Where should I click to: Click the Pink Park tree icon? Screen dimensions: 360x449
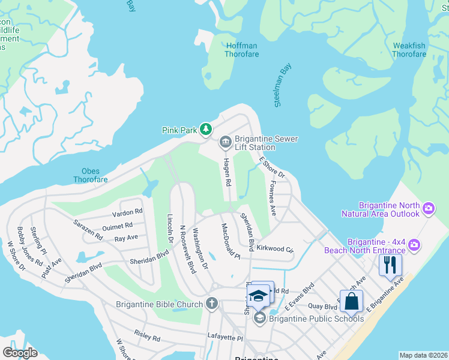[x=206, y=129]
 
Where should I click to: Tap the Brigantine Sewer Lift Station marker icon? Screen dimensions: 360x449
[x=225, y=142]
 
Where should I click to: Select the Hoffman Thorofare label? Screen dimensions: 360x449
[x=241, y=50]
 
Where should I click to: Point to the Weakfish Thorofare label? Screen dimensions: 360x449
[x=409, y=50]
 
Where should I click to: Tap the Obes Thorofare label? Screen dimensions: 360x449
[x=91, y=175]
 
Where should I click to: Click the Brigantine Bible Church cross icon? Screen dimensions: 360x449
[x=211, y=304]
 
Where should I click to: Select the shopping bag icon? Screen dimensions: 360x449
[x=353, y=301]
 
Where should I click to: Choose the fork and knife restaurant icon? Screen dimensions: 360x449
[x=390, y=265]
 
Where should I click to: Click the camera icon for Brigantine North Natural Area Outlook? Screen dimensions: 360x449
[x=428, y=209]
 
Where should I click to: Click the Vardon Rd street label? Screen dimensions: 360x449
[x=127, y=212]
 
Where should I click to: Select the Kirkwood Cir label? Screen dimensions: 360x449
[x=274, y=248]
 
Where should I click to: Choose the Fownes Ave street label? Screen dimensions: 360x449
[x=273, y=199]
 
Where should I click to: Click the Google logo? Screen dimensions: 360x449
[x=20, y=353]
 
